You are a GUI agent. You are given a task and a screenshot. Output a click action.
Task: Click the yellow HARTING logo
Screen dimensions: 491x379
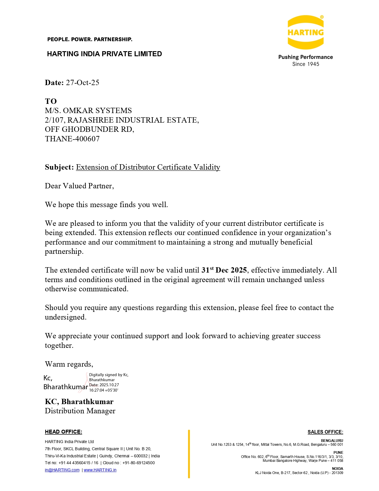305,32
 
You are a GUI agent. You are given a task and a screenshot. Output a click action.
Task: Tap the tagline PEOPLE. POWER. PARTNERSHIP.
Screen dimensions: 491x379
90,39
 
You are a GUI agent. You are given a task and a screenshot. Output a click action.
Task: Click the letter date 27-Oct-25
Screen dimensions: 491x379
82,82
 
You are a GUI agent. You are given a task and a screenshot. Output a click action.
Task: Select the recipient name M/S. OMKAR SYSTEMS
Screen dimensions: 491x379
88,110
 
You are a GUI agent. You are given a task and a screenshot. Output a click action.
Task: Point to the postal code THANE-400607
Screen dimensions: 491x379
72,139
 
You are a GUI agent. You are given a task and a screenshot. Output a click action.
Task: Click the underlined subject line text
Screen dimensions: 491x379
148,167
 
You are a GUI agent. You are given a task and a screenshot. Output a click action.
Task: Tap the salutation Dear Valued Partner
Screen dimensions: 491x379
79,186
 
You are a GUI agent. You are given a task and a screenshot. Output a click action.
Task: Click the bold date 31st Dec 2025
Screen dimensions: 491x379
224,270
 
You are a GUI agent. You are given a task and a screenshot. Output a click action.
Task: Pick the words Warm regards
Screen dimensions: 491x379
69,364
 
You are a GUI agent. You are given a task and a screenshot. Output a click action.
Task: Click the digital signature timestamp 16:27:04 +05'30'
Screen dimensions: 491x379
103,390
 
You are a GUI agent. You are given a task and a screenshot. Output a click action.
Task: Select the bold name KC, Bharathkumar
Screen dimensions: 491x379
79,401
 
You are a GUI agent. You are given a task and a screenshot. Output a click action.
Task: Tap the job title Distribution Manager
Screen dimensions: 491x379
80,411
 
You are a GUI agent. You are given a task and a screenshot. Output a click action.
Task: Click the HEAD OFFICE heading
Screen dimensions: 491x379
63,432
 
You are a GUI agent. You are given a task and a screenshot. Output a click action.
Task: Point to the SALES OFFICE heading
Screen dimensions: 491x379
325,432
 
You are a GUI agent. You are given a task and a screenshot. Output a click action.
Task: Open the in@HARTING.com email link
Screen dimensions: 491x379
62,470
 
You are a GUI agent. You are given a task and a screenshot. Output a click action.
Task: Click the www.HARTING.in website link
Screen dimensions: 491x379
100,470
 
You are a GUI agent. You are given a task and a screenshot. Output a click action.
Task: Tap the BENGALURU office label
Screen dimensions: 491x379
332,440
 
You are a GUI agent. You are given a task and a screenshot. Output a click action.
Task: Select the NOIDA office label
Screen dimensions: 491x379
337,468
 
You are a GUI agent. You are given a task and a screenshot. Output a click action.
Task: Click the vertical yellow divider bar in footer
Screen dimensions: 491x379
189,454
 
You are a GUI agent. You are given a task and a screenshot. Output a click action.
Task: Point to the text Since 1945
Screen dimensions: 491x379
306,64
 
